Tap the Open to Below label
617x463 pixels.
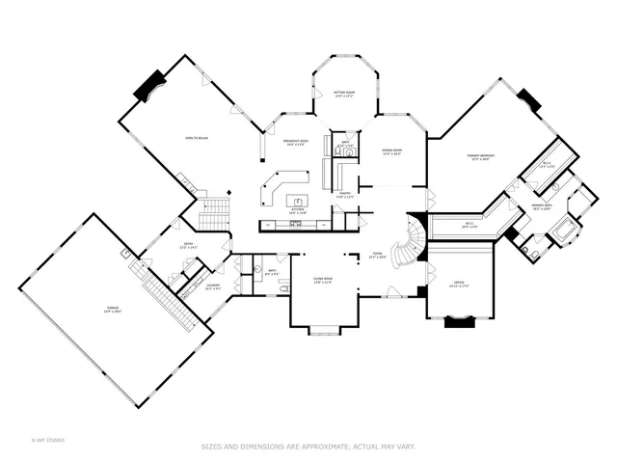197,138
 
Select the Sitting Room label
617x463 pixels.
344,94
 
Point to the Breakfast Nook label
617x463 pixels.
295,142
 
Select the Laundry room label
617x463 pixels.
210,286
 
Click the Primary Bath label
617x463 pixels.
541,206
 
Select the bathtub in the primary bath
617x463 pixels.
563,232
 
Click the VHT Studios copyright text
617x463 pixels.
46,441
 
